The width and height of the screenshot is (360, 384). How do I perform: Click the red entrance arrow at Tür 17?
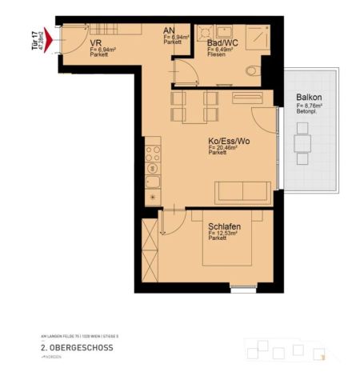pos(50,36)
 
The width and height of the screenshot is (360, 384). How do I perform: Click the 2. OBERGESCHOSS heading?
pos(77,348)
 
